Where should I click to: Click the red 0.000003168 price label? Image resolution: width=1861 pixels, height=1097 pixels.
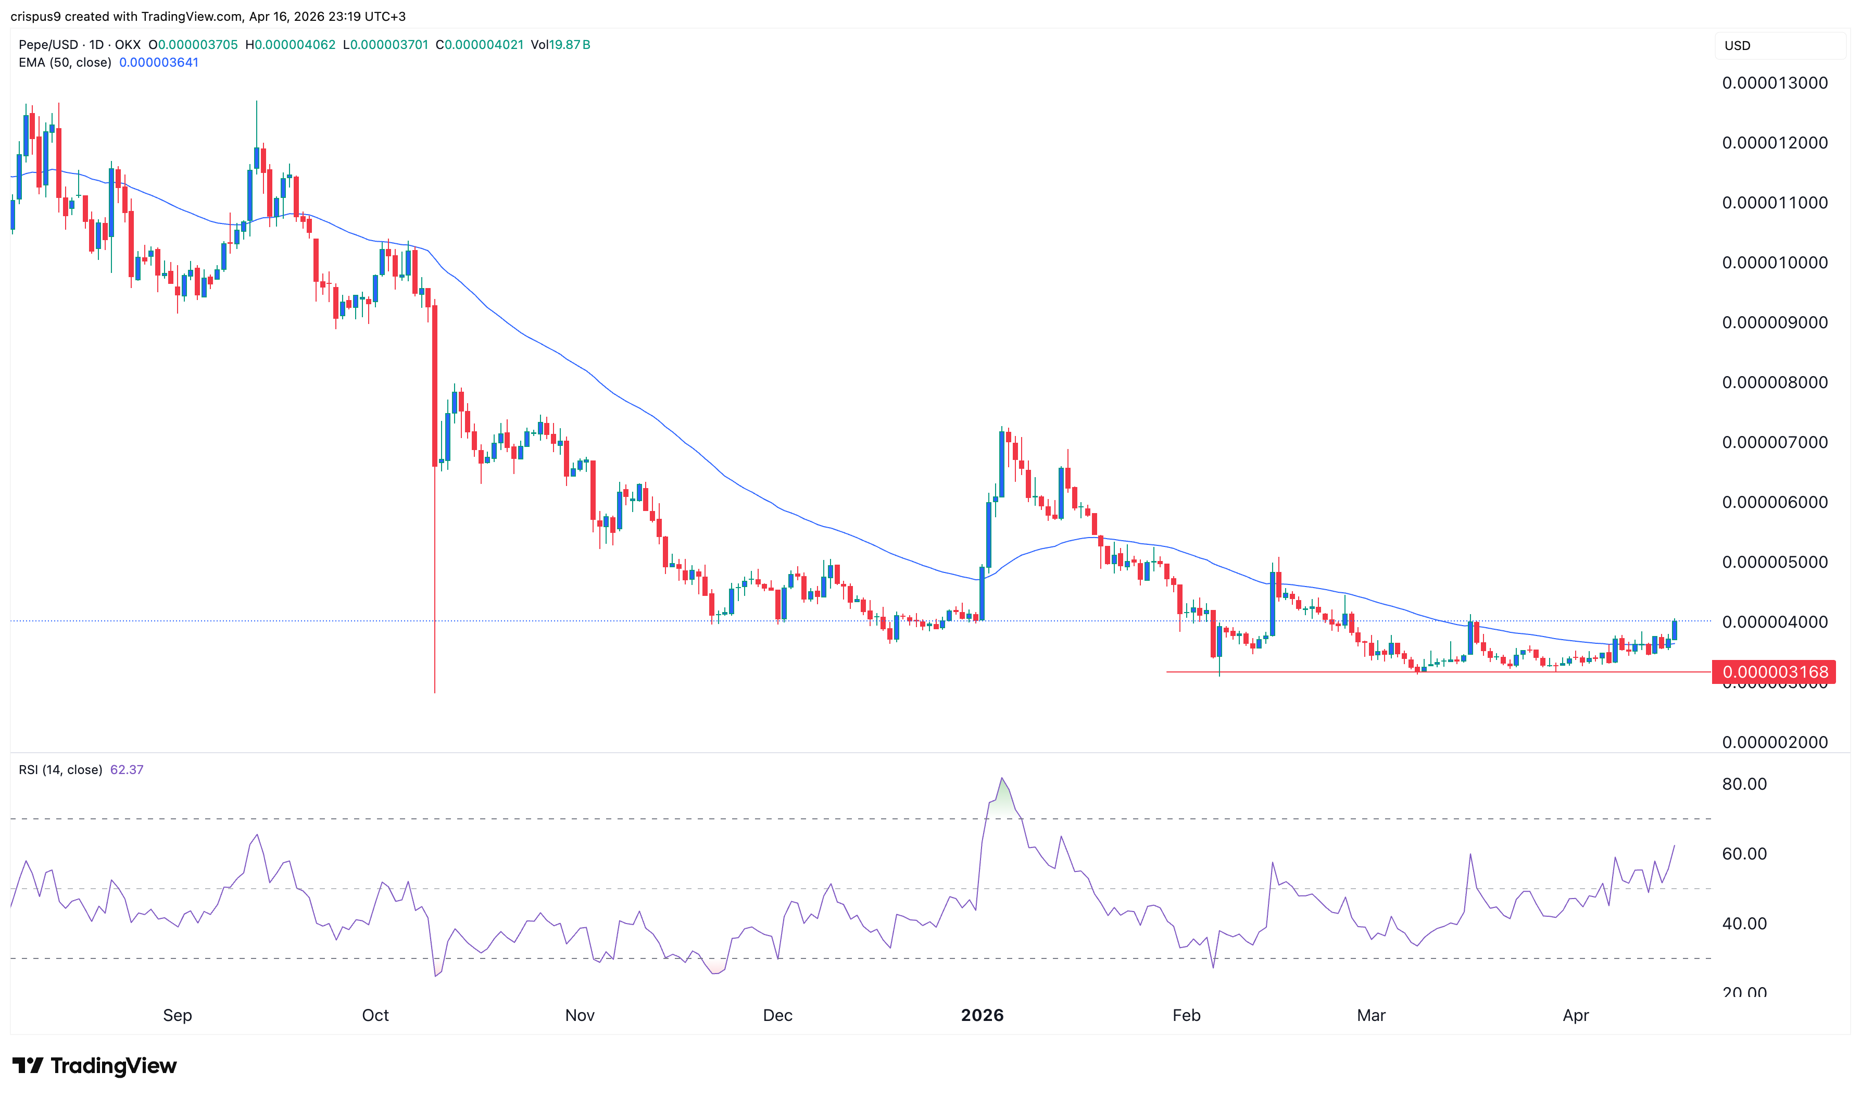(1774, 672)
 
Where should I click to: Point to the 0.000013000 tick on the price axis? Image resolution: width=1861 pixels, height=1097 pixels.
(1775, 83)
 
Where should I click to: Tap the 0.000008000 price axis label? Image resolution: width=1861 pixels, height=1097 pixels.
(1775, 382)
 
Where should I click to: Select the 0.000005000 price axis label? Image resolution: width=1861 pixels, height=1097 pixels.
(1775, 562)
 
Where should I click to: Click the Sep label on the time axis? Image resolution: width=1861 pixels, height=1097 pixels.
(178, 1015)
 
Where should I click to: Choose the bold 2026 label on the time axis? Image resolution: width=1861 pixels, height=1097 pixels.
(982, 1015)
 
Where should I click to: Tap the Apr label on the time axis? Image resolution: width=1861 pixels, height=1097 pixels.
(1575, 1015)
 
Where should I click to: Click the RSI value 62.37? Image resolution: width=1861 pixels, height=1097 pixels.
(127, 769)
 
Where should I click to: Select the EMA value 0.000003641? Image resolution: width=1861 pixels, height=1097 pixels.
(159, 62)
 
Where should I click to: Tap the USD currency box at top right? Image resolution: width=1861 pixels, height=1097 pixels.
(1737, 46)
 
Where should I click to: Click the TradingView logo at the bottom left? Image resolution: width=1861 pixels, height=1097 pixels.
(95, 1065)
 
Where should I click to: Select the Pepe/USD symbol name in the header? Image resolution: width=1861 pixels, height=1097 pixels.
(48, 44)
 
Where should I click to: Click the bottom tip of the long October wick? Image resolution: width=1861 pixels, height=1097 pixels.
(434, 692)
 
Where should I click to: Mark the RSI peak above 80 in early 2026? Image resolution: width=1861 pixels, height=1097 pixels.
(1002, 778)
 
